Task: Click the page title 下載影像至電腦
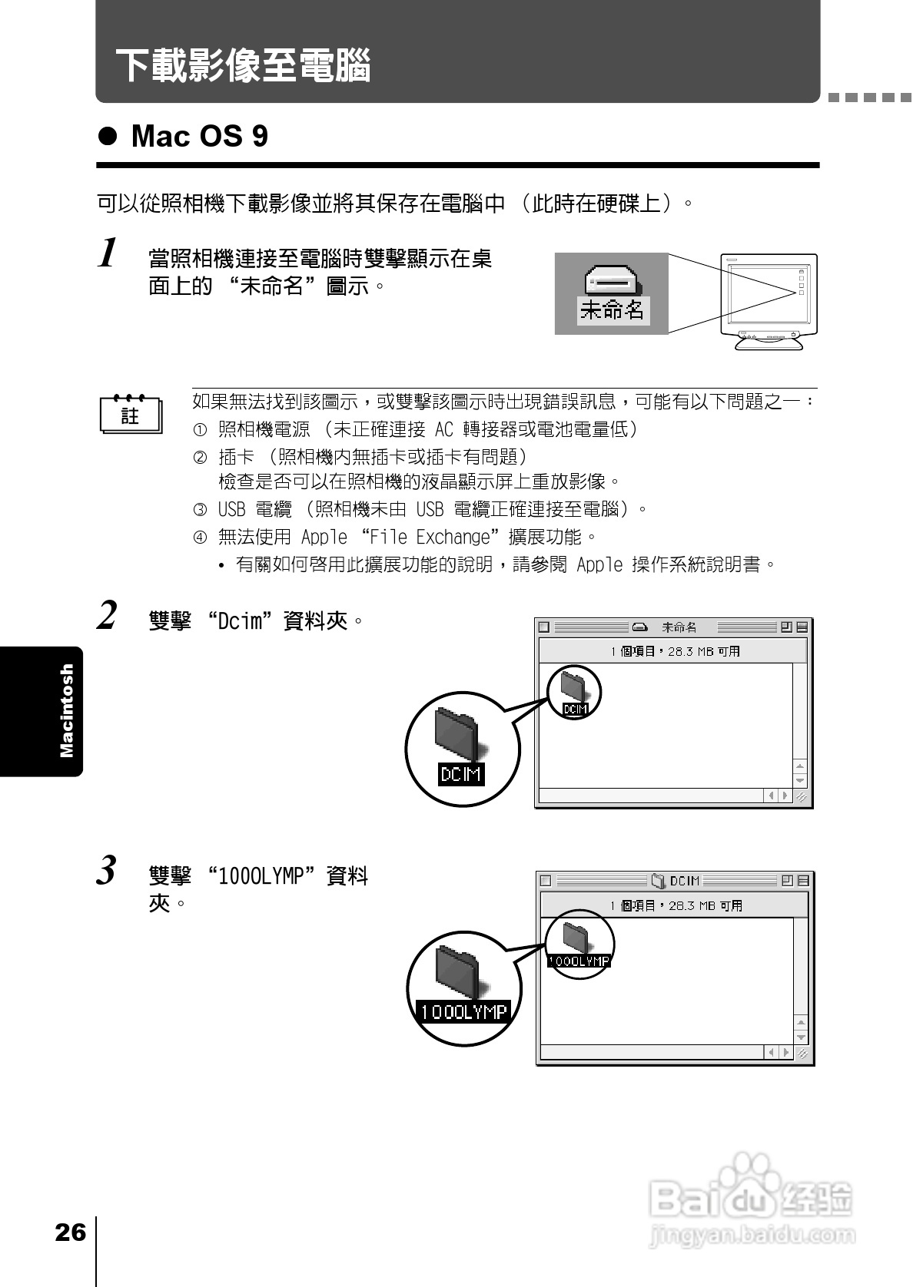point(243,65)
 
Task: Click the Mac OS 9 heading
point(199,137)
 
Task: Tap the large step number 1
point(109,253)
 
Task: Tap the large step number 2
point(108,616)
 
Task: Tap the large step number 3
point(108,871)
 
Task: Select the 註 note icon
point(131,415)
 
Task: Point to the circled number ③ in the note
point(200,509)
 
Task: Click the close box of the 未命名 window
point(544,627)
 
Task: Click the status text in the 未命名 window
point(675,651)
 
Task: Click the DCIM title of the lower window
point(684,881)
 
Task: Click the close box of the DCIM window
point(546,881)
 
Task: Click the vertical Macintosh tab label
point(67,710)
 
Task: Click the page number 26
point(70,1232)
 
